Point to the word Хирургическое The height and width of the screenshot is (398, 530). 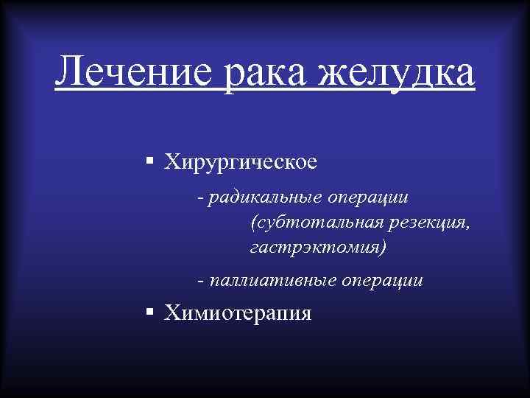tap(241, 161)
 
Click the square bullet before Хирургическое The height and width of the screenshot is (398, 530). tap(149, 160)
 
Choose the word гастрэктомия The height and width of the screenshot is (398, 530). tap(314, 246)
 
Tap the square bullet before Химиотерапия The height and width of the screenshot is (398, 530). tap(149, 313)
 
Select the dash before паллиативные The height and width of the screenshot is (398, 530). tap(201, 281)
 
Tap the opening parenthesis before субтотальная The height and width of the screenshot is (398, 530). tap(254, 222)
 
